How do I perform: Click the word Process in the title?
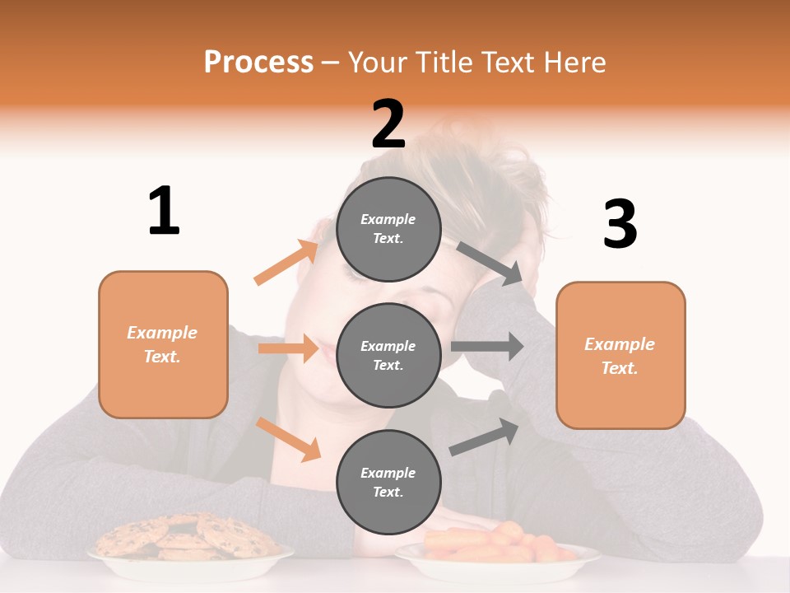258,62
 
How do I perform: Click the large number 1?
164,212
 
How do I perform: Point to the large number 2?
388,124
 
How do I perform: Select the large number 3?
620,225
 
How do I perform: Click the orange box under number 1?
163,344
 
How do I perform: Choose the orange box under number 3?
620,356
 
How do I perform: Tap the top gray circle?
388,229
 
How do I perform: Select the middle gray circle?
388,355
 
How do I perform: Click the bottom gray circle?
388,482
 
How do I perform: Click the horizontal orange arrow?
288,348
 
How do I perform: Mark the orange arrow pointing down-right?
288,438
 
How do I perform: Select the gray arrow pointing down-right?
490,263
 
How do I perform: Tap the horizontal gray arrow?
487,347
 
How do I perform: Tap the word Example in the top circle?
388,219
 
